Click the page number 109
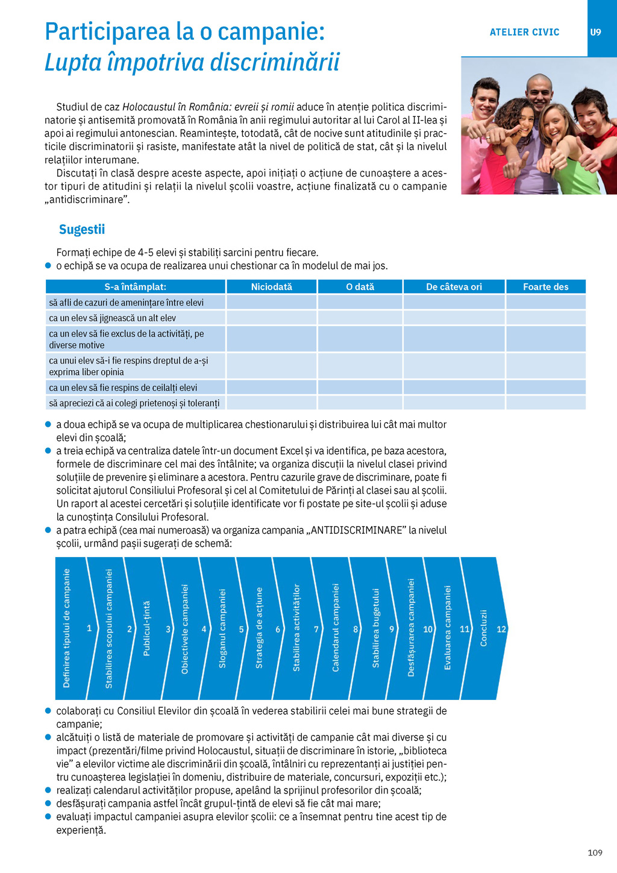595,853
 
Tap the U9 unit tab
595,32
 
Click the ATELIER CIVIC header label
524,32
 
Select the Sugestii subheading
82,229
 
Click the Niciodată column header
271,287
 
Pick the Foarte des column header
545,287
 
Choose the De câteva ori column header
454,287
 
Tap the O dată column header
360,287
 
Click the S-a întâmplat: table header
136,287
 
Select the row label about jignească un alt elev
113,318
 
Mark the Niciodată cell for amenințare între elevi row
271,302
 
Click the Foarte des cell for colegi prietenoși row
545,403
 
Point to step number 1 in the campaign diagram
89,628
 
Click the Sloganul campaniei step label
222,628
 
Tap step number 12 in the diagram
501,629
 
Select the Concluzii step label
483,628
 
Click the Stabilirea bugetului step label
376,628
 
